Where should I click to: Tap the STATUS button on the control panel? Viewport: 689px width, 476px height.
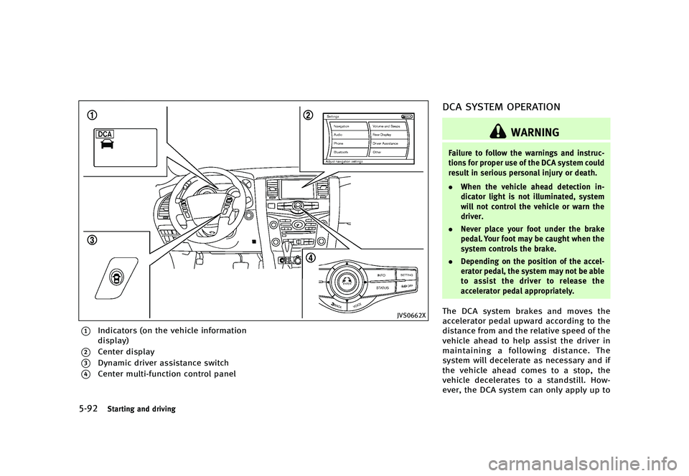click(x=383, y=287)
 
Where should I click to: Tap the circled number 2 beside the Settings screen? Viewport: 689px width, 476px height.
click(x=308, y=116)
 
